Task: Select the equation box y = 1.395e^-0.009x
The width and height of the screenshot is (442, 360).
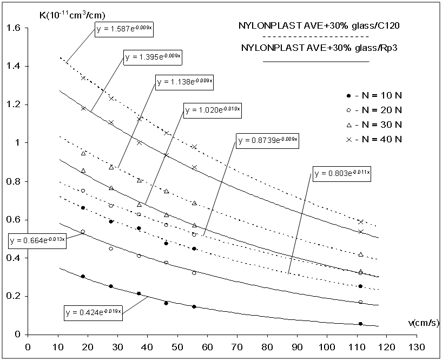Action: pyautogui.click(x=154, y=58)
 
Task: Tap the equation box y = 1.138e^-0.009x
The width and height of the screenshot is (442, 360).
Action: pyautogui.click(x=185, y=82)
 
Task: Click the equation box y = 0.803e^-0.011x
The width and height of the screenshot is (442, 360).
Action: pyautogui.click(x=343, y=174)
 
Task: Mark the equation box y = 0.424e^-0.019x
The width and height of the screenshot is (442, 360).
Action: pyautogui.click(x=93, y=312)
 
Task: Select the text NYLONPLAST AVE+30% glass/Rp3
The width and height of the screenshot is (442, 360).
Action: pyautogui.click(x=315, y=48)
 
